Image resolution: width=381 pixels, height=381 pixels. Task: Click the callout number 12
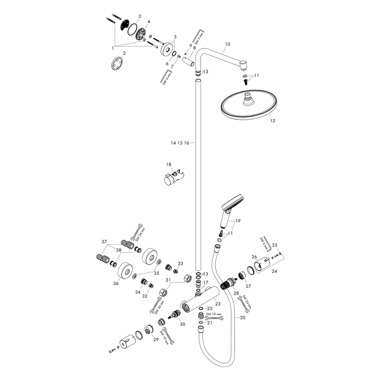click(x=272, y=121)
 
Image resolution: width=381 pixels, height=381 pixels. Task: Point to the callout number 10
click(x=227, y=44)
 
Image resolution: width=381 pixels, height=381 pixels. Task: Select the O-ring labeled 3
click(x=132, y=30)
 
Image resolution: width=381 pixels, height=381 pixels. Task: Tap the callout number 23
click(x=218, y=304)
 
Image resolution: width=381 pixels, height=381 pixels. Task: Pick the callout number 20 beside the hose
click(x=243, y=317)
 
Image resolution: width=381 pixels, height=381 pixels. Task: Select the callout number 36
click(x=116, y=283)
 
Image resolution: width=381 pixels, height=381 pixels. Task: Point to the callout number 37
click(x=104, y=242)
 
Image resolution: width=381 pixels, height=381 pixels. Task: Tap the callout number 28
click(x=236, y=293)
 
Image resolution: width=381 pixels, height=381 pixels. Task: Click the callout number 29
click(x=156, y=339)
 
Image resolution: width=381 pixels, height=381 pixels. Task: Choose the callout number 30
click(x=182, y=324)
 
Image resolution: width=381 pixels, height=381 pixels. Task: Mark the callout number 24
click(x=274, y=271)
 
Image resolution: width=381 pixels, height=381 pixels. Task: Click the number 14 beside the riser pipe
click(x=173, y=143)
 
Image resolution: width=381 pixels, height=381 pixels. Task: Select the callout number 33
click(x=180, y=264)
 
